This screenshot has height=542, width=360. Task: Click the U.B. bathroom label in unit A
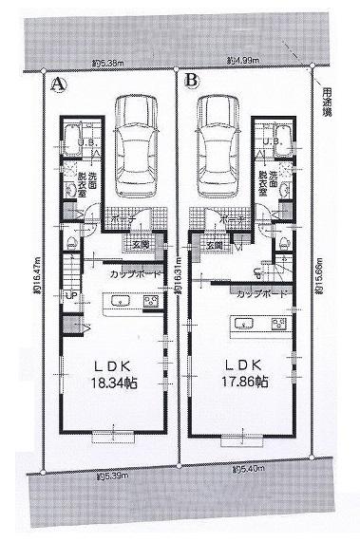click(x=85, y=142)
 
